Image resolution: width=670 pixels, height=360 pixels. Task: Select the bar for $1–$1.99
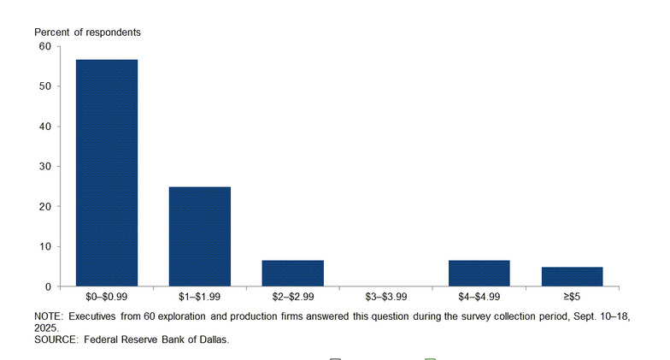(x=200, y=236)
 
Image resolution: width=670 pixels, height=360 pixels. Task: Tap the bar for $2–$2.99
(x=293, y=273)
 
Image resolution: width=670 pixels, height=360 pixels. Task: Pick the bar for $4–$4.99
(x=479, y=273)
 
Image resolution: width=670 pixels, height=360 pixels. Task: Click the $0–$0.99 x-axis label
(x=107, y=297)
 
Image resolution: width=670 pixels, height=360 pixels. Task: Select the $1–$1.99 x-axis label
(x=200, y=297)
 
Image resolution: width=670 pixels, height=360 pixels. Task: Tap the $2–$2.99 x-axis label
(x=293, y=297)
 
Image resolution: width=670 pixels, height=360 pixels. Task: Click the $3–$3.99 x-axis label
(x=386, y=297)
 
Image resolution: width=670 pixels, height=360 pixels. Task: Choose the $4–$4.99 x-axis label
(x=479, y=297)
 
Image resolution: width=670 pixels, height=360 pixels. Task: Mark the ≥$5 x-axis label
(x=572, y=297)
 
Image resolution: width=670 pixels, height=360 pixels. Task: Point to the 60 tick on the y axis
(x=45, y=46)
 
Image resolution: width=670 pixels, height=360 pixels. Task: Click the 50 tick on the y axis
(x=45, y=86)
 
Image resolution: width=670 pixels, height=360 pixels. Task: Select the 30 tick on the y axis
(x=45, y=167)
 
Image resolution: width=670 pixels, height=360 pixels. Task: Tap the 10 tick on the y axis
(x=45, y=246)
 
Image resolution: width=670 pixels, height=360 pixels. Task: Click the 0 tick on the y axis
(x=49, y=286)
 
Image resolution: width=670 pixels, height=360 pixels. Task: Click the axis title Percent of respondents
(x=88, y=32)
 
